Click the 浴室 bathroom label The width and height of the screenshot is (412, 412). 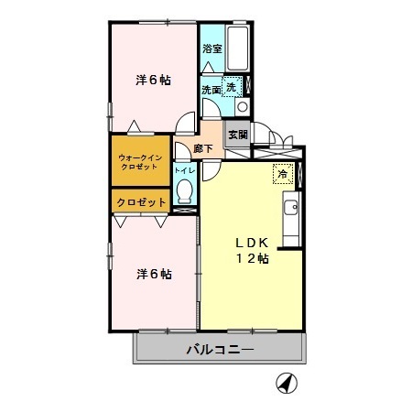(x=211, y=48)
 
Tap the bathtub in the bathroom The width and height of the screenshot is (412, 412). (x=241, y=47)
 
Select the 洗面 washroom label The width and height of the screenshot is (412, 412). (x=211, y=89)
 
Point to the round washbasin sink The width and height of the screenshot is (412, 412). (x=242, y=107)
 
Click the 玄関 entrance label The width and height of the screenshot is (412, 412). (x=238, y=135)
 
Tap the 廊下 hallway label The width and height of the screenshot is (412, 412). (x=205, y=148)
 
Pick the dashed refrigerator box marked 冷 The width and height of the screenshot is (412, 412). (x=281, y=171)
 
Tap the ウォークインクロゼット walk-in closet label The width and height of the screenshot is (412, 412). (x=140, y=163)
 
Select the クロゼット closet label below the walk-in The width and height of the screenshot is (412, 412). (x=140, y=201)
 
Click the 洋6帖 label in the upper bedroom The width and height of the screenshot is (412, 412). (x=154, y=80)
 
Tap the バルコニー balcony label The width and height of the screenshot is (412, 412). (x=219, y=349)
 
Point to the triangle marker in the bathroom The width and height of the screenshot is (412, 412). (x=212, y=64)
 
